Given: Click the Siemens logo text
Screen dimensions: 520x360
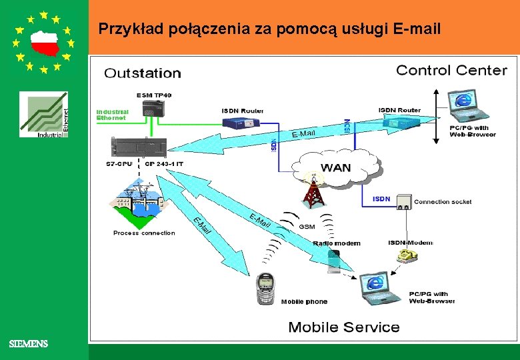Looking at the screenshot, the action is click(x=29, y=344).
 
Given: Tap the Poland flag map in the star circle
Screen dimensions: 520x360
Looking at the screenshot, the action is click(x=44, y=42).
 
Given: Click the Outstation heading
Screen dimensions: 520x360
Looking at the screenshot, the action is click(x=142, y=73).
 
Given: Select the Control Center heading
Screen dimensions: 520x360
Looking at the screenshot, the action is click(x=451, y=70).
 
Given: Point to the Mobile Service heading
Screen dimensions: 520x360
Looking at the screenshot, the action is click(x=343, y=327).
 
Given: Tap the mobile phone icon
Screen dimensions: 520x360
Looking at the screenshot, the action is click(x=265, y=288).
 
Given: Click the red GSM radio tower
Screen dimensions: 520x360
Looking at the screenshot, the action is click(x=311, y=193).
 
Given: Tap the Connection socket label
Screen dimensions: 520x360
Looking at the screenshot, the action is click(x=443, y=201).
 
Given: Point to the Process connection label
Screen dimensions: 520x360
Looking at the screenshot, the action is click(x=144, y=233).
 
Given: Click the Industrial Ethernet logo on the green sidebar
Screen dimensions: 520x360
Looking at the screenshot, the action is click(x=43, y=115).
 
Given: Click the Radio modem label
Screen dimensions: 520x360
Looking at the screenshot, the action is click(x=337, y=243).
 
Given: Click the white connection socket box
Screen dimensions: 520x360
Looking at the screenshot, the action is click(x=402, y=202).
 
